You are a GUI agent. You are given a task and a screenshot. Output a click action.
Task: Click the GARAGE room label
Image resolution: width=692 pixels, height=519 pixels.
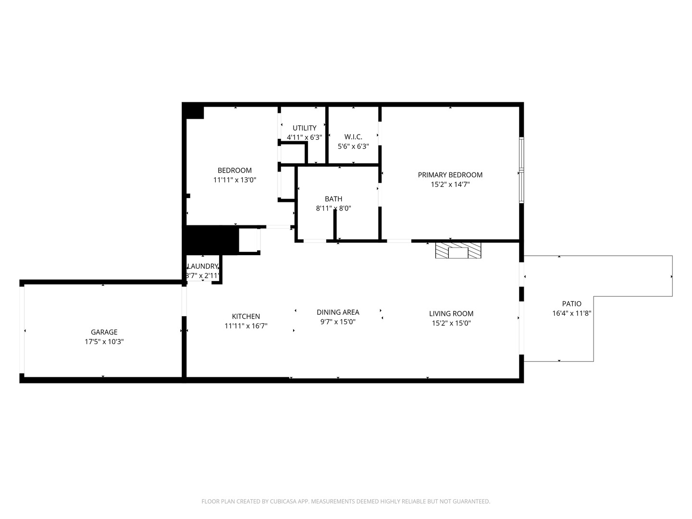pyautogui.click(x=104, y=332)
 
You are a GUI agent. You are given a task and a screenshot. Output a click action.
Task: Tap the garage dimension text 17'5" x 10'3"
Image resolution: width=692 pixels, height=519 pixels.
pyautogui.click(x=104, y=342)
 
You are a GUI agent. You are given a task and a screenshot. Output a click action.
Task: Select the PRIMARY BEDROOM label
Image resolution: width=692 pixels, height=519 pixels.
pyautogui.click(x=450, y=175)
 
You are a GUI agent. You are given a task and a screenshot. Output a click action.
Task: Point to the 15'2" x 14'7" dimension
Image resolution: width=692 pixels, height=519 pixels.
pyautogui.click(x=450, y=184)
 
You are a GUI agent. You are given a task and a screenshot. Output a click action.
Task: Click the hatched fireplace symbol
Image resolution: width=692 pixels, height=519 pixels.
pyautogui.click(x=457, y=250)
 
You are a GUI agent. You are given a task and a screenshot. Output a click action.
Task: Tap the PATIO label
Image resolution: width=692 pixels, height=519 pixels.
pyautogui.click(x=571, y=304)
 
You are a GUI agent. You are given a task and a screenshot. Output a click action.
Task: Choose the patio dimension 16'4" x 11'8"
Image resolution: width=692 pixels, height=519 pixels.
pyautogui.click(x=571, y=313)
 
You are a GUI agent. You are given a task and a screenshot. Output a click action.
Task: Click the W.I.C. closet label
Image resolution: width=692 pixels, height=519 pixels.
pyautogui.click(x=353, y=137)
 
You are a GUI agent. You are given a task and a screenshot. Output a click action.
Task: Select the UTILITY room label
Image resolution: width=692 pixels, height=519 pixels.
pyautogui.click(x=304, y=128)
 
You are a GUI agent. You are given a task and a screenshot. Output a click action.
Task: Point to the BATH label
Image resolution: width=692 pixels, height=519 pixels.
pyautogui.click(x=334, y=199)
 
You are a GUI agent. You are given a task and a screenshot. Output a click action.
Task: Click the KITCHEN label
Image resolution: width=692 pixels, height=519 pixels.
pyautogui.click(x=246, y=316)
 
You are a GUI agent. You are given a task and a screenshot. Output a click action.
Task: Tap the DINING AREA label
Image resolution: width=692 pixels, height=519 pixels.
pyautogui.click(x=337, y=312)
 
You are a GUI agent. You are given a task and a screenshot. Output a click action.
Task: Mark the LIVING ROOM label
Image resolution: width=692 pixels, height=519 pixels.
pyautogui.click(x=451, y=314)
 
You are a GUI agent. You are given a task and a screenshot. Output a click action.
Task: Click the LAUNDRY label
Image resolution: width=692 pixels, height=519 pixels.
pyautogui.click(x=203, y=266)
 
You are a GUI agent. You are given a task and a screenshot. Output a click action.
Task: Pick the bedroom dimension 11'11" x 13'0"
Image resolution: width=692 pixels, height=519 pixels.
pyautogui.click(x=235, y=180)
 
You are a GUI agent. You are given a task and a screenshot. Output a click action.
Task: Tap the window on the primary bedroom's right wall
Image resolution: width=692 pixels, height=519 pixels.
pyautogui.click(x=521, y=170)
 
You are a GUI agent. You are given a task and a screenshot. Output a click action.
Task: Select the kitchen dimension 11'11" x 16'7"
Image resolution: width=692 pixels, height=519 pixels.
pyautogui.click(x=246, y=326)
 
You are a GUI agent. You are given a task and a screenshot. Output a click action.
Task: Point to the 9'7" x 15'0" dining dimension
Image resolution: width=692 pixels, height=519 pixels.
pyautogui.click(x=337, y=322)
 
